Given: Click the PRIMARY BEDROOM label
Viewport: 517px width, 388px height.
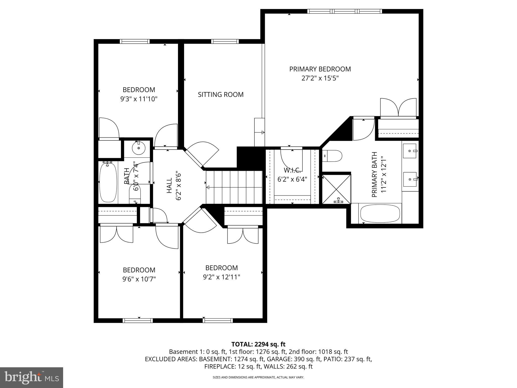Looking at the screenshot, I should [320, 69].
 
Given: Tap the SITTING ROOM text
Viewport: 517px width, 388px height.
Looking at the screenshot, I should [221, 94].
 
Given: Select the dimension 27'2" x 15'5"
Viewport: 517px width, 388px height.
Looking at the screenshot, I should [320, 78].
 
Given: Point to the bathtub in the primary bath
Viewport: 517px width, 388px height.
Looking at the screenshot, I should [380, 214].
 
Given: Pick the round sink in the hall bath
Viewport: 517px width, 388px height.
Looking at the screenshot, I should [139, 148].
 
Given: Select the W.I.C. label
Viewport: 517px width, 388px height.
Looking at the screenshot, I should [292, 169].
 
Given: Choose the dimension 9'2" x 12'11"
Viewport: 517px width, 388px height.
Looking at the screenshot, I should [221, 277].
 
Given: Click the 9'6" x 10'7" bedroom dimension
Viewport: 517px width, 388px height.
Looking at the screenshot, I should [139, 279].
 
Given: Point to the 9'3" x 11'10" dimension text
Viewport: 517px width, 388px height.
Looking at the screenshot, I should [139, 99].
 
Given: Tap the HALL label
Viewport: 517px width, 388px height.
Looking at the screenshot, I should [169, 186].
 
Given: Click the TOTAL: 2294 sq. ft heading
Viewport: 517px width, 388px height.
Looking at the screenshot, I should [258, 344].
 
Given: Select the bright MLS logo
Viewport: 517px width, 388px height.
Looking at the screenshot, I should [32, 378].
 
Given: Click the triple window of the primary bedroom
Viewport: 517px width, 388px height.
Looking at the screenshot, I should [344, 11].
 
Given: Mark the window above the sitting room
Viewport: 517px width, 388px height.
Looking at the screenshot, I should [225, 41].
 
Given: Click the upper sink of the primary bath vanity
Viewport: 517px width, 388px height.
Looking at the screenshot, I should [409, 151].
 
